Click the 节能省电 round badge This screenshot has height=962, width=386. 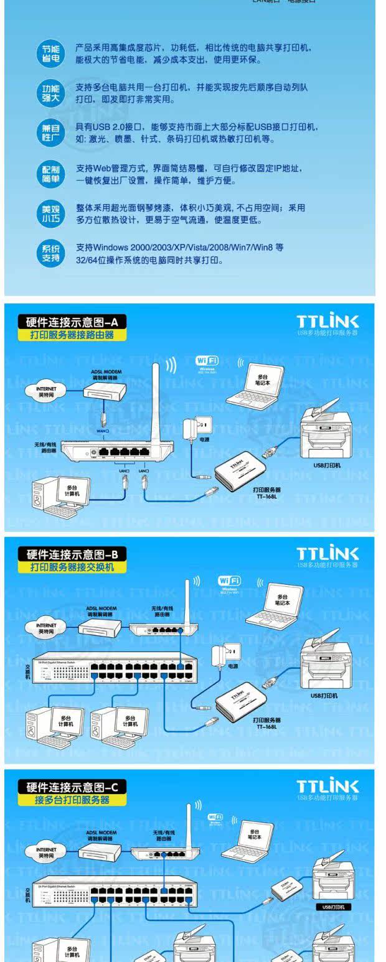click(50, 54)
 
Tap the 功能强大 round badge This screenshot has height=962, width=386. click(50, 93)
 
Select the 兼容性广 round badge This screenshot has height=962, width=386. click(50, 133)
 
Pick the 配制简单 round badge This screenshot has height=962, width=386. click(50, 174)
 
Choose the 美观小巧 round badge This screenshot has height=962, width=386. click(50, 213)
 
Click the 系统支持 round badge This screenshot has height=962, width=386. click(50, 253)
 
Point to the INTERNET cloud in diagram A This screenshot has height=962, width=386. click(42, 391)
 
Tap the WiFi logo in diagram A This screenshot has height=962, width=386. click(207, 361)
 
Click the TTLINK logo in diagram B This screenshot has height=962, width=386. click(327, 553)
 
